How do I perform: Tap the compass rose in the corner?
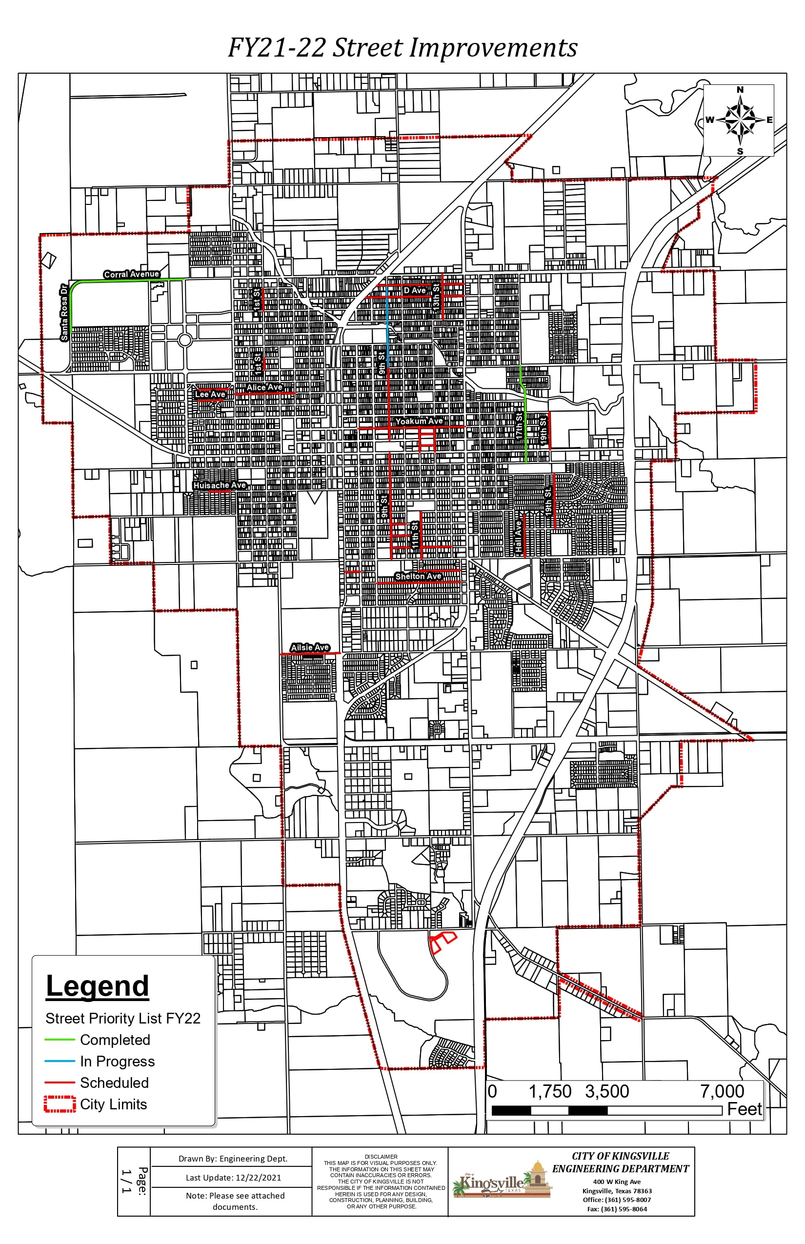739,120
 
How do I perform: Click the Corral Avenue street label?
131,274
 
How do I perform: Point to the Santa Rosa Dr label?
64,313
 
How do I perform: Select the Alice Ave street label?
264,387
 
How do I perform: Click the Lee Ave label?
210,394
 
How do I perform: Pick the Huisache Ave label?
220,485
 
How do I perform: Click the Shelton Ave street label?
418,577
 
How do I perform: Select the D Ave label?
415,291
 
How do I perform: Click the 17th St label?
519,426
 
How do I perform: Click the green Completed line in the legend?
60,1040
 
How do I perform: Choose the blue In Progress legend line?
60,1061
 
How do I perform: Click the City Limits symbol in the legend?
60,1104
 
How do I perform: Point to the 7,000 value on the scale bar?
722,1091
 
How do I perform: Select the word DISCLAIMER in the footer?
381,1157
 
